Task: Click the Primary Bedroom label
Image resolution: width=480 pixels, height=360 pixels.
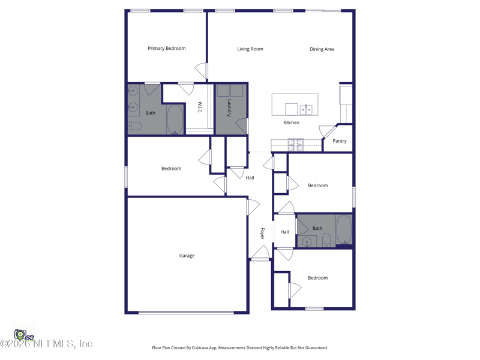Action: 166,49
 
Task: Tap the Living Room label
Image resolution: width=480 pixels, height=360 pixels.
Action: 250,49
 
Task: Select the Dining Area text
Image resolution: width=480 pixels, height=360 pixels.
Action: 322,49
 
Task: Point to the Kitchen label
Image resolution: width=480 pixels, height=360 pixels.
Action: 291,122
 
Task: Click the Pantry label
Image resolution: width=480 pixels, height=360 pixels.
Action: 339,141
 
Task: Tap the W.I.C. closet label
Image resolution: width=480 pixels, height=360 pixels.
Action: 200,108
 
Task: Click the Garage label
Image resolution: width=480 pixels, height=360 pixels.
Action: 187,256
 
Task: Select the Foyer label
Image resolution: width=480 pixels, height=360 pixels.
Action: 262,233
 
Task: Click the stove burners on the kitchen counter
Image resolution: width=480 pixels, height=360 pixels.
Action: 296,144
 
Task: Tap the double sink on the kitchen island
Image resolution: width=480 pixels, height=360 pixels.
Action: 306,109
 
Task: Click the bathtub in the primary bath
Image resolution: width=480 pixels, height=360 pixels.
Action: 175,119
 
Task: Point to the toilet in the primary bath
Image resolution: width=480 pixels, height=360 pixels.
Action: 134,126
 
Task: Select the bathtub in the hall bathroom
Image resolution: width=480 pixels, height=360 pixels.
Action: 344,229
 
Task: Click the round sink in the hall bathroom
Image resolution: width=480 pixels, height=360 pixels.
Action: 307,242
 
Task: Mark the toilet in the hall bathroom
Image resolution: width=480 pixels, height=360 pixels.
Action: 326,241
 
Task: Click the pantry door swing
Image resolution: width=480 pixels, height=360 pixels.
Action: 327,130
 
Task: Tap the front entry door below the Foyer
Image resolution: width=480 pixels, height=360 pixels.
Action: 260,254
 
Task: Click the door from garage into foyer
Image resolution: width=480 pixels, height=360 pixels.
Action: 253,207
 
